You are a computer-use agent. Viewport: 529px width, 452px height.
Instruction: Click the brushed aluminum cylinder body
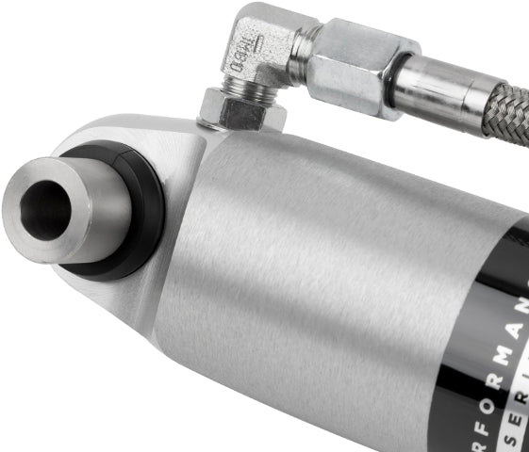click(311, 245)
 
